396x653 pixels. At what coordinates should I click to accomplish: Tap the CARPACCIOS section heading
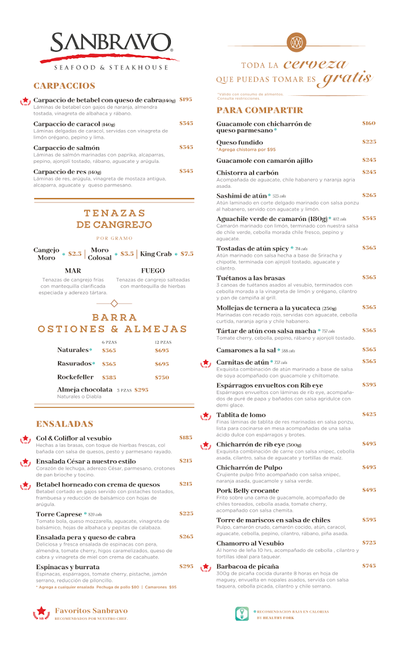(x=64, y=86)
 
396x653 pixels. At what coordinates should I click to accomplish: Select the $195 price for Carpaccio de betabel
(x=186, y=100)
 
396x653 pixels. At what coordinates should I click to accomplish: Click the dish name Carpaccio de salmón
(x=66, y=147)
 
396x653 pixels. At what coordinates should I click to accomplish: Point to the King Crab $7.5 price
(x=187, y=254)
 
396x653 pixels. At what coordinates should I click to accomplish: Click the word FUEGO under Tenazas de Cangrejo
(x=153, y=270)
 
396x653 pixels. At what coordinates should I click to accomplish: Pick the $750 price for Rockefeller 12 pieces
(x=162, y=377)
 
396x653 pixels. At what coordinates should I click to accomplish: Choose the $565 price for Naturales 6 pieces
(x=109, y=350)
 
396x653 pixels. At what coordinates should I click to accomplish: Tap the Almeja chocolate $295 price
(x=141, y=390)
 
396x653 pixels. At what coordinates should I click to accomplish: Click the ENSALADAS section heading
(x=65, y=424)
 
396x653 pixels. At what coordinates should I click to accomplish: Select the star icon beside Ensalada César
(x=26, y=462)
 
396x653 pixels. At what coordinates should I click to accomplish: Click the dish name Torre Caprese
(x=59, y=514)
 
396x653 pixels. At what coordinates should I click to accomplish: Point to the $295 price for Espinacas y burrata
(x=186, y=566)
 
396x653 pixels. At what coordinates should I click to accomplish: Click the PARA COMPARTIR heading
(x=259, y=110)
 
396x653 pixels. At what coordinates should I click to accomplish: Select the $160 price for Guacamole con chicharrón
(x=369, y=124)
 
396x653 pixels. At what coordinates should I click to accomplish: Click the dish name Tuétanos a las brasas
(x=251, y=278)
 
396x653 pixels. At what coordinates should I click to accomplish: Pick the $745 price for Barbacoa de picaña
(x=369, y=566)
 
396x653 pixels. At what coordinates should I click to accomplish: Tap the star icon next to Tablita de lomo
(x=206, y=416)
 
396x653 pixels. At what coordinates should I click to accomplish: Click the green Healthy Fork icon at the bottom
(x=242, y=614)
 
